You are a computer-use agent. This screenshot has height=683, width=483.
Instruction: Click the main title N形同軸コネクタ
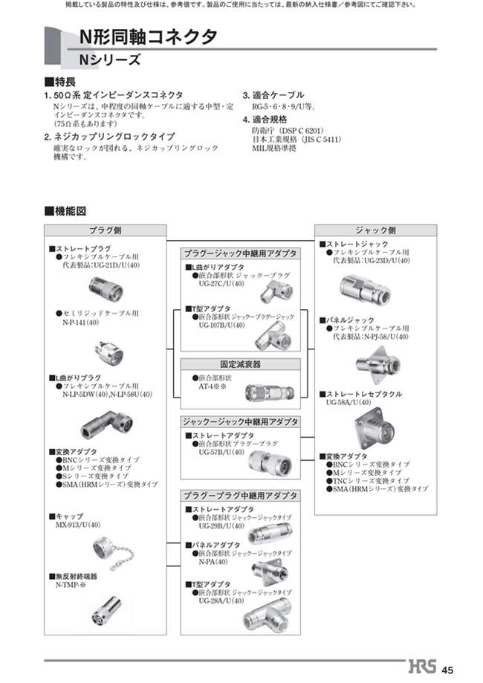(x=149, y=36)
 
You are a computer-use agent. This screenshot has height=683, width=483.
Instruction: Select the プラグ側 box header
(x=105, y=230)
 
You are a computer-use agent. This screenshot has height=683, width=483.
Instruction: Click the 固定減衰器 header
(x=241, y=365)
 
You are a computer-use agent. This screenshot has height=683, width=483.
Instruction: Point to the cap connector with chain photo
(x=111, y=553)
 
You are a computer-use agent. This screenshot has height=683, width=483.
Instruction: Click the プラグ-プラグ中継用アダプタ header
(x=241, y=494)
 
